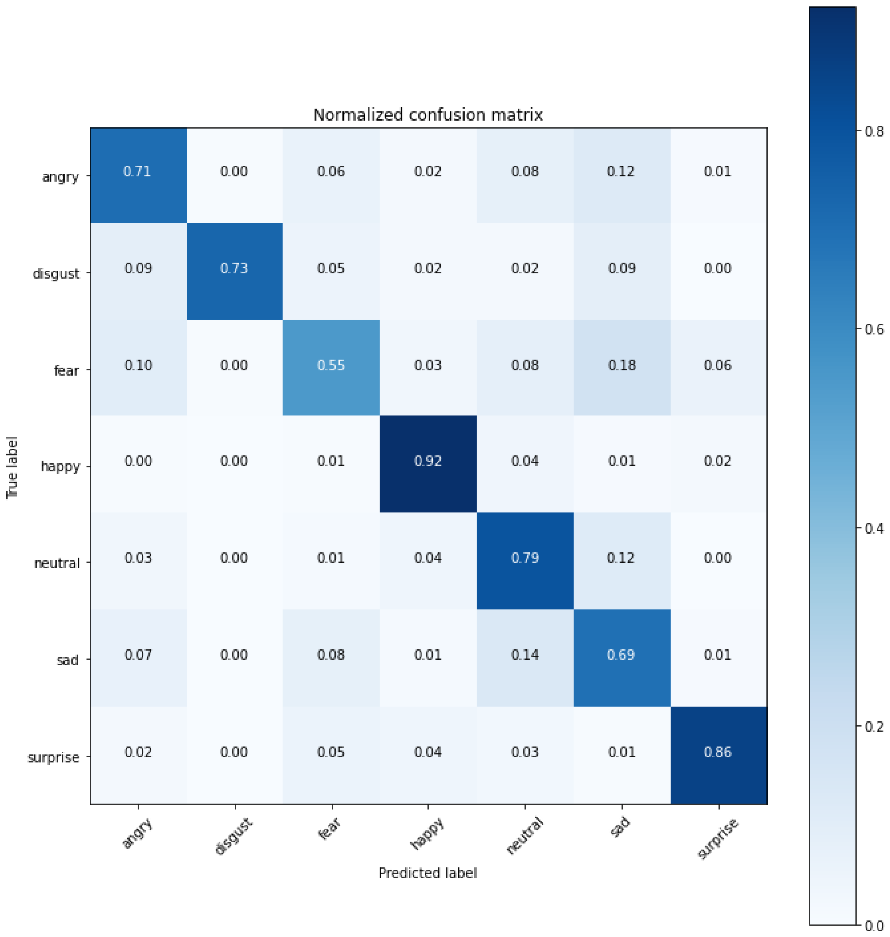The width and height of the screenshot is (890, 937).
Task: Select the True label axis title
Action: coord(12,467)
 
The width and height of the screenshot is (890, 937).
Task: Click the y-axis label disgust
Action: coord(56,274)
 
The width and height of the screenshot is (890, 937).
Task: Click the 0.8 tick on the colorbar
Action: coord(873,131)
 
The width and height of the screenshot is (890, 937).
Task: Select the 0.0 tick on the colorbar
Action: coord(873,925)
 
